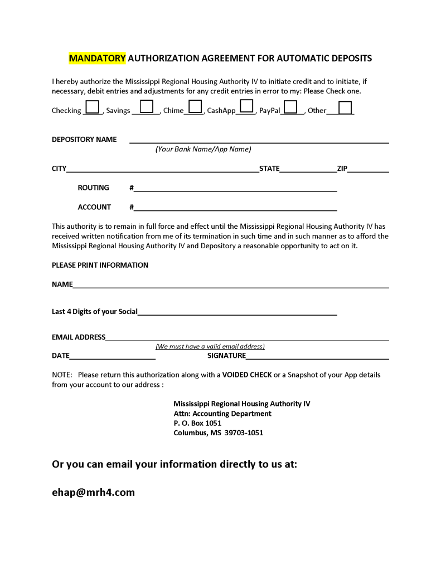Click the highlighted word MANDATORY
coord(97,58)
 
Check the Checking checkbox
coord(93,106)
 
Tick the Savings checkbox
coord(147,106)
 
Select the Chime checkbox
coord(195,106)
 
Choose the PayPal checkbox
coord(290,106)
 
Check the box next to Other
coord(345,107)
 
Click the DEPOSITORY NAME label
coord(84,139)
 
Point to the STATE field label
coord(269,169)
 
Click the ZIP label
coord(342,169)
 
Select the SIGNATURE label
coord(226,356)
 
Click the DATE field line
coord(112,356)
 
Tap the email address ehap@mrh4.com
coord(93,493)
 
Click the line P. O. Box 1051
coord(197,423)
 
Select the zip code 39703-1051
coord(244,433)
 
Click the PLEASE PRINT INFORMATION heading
coord(100,265)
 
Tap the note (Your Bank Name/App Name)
coord(203,149)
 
